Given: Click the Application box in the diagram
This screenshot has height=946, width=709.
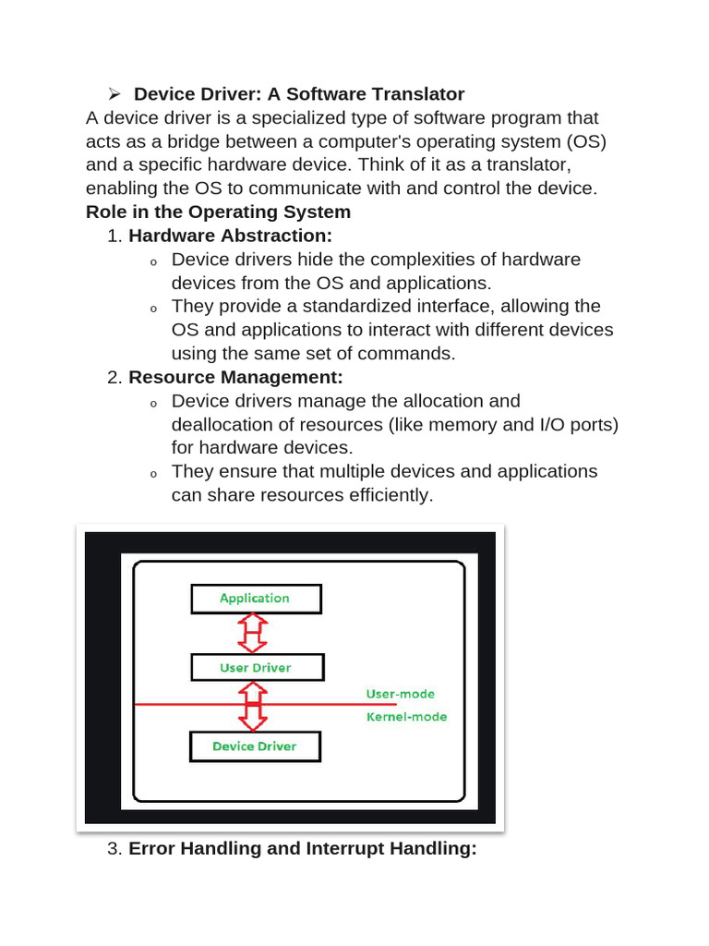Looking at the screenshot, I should click(x=255, y=599).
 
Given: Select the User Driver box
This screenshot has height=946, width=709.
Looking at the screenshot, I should click(x=255, y=668).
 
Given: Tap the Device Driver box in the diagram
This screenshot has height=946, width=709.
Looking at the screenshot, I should click(x=255, y=746).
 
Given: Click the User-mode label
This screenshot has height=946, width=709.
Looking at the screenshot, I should click(x=400, y=694).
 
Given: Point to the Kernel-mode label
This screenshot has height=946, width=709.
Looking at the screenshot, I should click(x=406, y=717).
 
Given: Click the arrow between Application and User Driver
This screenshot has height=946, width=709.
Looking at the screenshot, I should click(x=253, y=633).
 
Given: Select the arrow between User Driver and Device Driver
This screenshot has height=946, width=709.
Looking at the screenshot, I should click(x=253, y=708).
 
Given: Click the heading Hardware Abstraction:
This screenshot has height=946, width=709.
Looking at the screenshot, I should click(x=230, y=236).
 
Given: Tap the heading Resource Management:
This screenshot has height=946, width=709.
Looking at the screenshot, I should click(x=235, y=377).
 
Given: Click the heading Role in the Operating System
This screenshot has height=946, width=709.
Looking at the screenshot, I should click(x=218, y=212).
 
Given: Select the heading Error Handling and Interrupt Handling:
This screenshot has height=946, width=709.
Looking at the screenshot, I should click(x=302, y=848).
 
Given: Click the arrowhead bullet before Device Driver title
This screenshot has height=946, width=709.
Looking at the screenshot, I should click(x=114, y=94).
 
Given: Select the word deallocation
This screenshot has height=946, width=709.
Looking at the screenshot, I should click(x=222, y=424).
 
